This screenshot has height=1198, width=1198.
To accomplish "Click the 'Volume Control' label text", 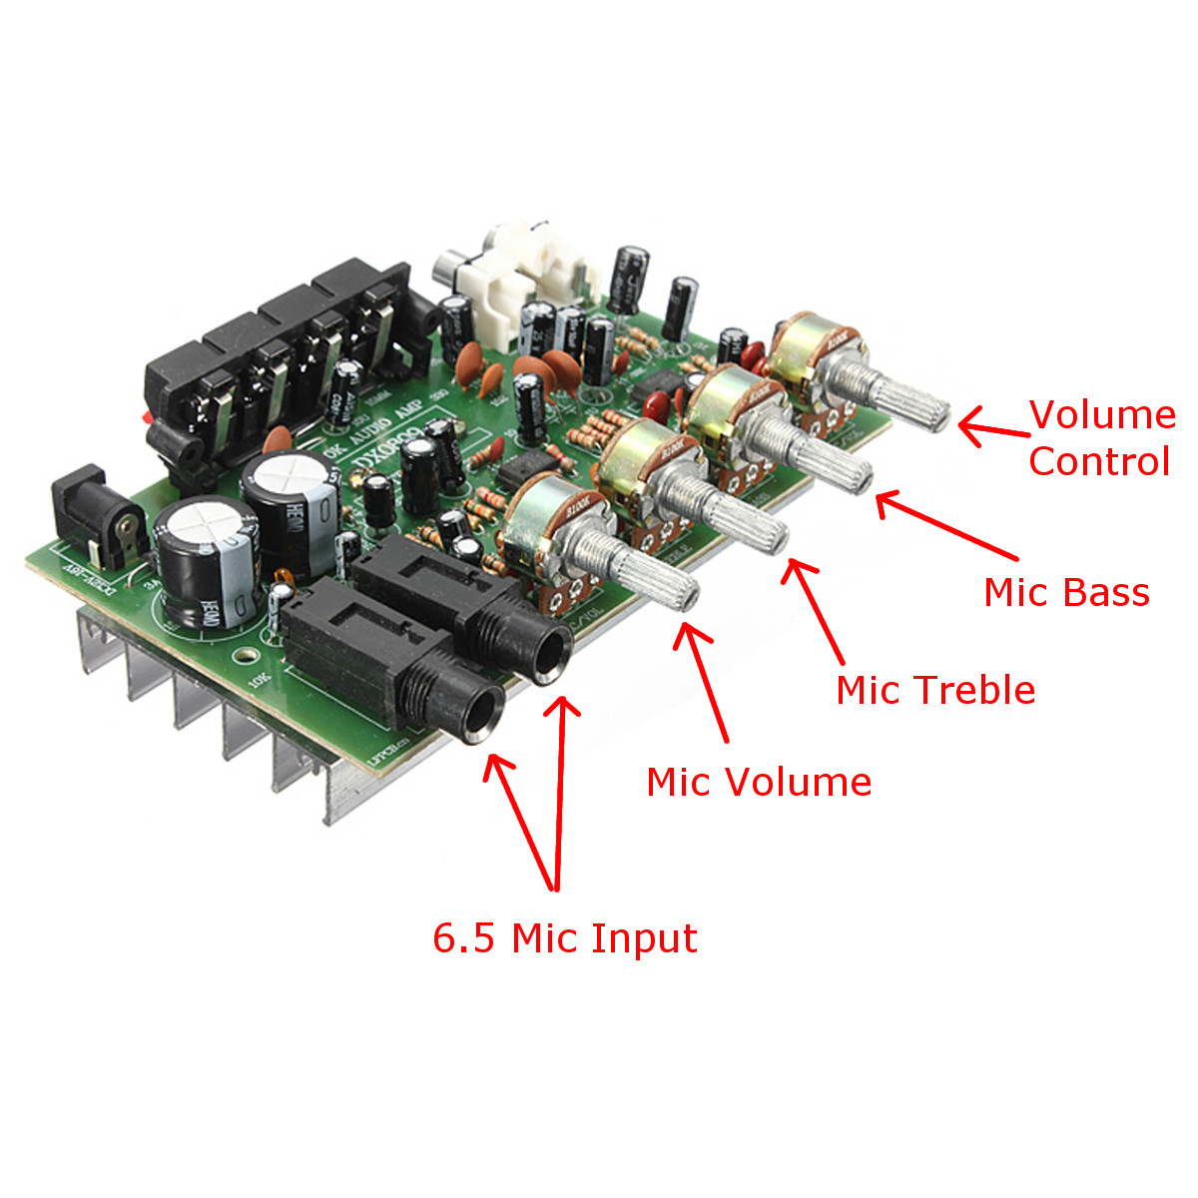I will [1101, 438].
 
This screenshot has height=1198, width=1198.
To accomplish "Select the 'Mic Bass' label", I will [1066, 592].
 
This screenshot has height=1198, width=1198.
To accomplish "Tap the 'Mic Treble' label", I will [935, 690].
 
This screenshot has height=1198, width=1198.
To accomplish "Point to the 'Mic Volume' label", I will [759, 782].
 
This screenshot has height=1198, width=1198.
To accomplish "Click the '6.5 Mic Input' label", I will [564, 938].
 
